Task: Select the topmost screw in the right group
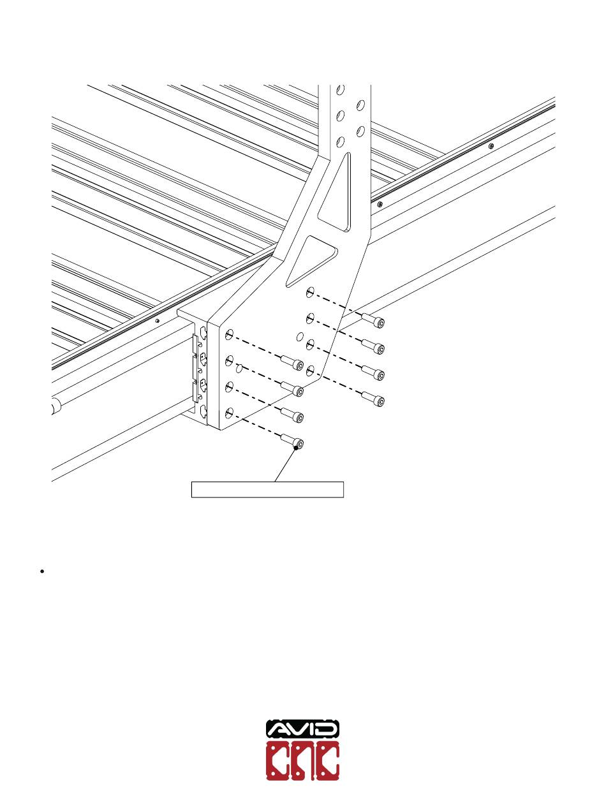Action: tap(374, 321)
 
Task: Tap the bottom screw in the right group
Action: tap(374, 399)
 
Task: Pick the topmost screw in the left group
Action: tap(292, 364)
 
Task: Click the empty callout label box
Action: tap(268, 489)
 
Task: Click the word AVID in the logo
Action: tap(302, 729)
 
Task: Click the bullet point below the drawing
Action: tap(41, 571)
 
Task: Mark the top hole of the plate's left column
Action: tap(229, 334)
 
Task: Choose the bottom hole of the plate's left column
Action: tap(229, 412)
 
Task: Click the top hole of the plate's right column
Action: tap(310, 292)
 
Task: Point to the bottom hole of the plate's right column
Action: tap(311, 369)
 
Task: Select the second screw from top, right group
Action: tap(374, 346)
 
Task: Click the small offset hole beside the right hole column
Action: tap(299, 336)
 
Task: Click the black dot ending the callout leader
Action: tap(295, 448)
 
